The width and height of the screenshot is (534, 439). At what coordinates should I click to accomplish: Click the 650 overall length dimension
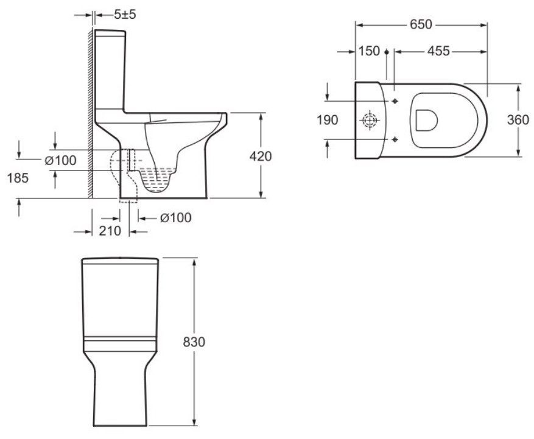pyautogui.click(x=421, y=24)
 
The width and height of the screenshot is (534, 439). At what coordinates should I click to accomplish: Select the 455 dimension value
pyautogui.click(x=438, y=51)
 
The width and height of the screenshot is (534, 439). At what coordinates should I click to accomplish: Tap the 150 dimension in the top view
pyautogui.click(x=369, y=51)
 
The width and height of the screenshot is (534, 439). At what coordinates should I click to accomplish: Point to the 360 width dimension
pyautogui.click(x=518, y=120)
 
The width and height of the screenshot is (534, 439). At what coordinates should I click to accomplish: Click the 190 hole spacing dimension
pyautogui.click(x=328, y=120)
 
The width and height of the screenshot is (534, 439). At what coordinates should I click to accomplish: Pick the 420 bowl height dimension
pyautogui.click(x=261, y=156)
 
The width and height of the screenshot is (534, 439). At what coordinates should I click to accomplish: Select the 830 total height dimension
pyautogui.click(x=194, y=342)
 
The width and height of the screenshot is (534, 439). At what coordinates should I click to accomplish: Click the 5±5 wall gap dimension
pyautogui.click(x=125, y=14)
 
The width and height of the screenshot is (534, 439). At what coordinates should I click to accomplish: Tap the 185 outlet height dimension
pyautogui.click(x=18, y=178)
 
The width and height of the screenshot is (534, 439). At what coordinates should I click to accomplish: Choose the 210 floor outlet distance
pyautogui.click(x=110, y=231)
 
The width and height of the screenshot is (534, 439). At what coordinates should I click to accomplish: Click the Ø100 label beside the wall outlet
pyautogui.click(x=61, y=160)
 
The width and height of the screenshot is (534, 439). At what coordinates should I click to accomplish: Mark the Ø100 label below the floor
pyautogui.click(x=176, y=217)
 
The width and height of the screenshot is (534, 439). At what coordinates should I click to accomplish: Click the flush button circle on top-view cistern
pyautogui.click(x=370, y=120)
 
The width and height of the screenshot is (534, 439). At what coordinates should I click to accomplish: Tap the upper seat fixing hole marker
pyautogui.click(x=395, y=101)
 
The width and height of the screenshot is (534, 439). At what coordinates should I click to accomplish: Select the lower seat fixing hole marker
pyautogui.click(x=395, y=139)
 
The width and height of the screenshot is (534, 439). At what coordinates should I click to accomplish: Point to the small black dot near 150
pyautogui.click(x=387, y=52)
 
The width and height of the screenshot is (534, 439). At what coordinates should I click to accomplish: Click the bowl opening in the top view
pyautogui.click(x=426, y=120)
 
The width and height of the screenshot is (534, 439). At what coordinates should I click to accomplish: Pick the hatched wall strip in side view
pyautogui.click(x=90, y=113)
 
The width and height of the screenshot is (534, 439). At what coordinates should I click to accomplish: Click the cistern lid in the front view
pyautogui.click(x=120, y=261)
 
